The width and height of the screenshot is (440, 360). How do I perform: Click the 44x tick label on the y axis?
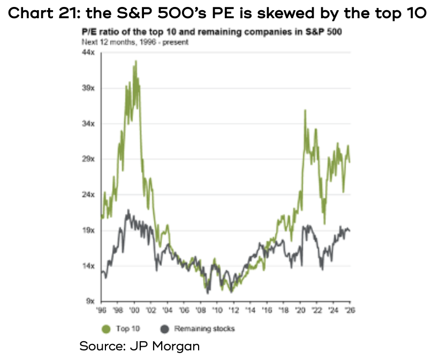click(x=88, y=52)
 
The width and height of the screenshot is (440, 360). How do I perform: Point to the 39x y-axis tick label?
click(x=88, y=88)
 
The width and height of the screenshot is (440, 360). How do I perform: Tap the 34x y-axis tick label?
click(x=88, y=123)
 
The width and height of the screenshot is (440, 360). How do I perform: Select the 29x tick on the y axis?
click(x=88, y=159)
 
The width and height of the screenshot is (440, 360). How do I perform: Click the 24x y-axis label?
click(x=88, y=194)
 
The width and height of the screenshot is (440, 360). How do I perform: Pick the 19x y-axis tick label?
click(x=88, y=230)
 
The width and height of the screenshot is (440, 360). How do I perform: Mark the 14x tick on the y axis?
click(x=88, y=266)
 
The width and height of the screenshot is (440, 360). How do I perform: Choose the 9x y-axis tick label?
click(x=90, y=301)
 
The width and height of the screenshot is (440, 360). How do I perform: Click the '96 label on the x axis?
click(x=101, y=310)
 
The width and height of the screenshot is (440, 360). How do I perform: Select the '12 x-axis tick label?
click(x=234, y=310)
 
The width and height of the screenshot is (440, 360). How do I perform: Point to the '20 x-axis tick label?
click(x=300, y=310)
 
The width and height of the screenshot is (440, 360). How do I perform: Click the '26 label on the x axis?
click(x=350, y=310)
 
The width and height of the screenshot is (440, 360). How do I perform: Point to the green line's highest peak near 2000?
click(x=136, y=61)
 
